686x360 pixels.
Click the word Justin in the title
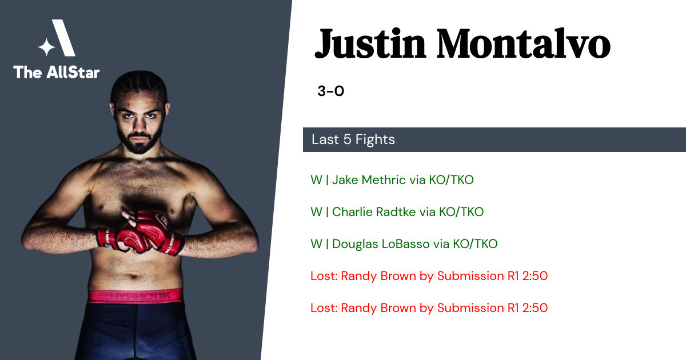click(x=370, y=44)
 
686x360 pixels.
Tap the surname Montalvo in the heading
click(x=524, y=44)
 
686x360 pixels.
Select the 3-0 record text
click(x=331, y=91)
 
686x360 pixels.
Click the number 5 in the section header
click(x=347, y=139)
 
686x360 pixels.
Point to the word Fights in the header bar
click(x=375, y=139)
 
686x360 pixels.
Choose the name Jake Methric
click(x=369, y=179)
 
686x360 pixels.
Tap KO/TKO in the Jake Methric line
click(x=451, y=179)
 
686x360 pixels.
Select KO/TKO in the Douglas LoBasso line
click(x=475, y=244)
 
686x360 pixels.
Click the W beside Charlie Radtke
click(x=316, y=212)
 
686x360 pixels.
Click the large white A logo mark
click(x=63, y=38)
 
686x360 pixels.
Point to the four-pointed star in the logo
click(x=46, y=47)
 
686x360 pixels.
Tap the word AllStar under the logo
click(x=73, y=72)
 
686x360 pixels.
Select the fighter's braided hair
click(x=139, y=86)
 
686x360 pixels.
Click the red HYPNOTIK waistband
click(x=135, y=296)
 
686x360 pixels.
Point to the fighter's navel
click(x=134, y=275)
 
